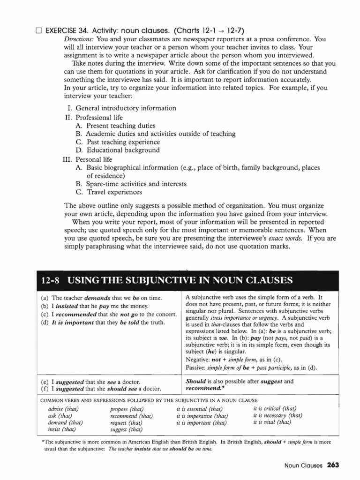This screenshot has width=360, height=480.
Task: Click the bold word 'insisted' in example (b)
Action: tap(69, 306)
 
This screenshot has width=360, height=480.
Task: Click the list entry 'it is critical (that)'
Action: tap(275, 408)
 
